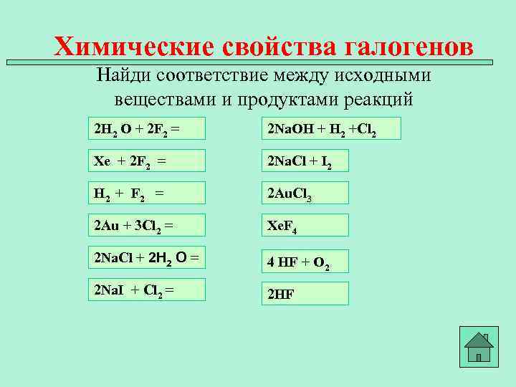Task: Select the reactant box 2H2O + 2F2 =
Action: pyautogui.click(x=146, y=128)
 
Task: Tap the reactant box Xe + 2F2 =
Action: pyautogui.click(x=146, y=161)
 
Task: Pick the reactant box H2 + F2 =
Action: pyautogui.click(x=146, y=193)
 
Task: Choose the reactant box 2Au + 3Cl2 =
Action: pyautogui.click(x=146, y=225)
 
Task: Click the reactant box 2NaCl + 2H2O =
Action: pyautogui.click(x=146, y=257)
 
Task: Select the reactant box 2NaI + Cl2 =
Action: pyautogui.click(x=146, y=290)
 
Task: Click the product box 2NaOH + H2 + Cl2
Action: pyautogui.click(x=330, y=128)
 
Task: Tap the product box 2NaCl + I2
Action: pyautogui.click(x=305, y=161)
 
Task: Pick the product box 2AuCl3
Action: pyautogui.click(x=305, y=193)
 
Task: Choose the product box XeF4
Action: pyautogui.click(x=305, y=225)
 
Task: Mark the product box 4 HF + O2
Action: pyautogui.click(x=305, y=261)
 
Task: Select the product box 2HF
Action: pyautogui.click(x=305, y=293)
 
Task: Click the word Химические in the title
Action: pyautogui.click(x=134, y=47)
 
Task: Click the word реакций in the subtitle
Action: pyautogui.click(x=381, y=99)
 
